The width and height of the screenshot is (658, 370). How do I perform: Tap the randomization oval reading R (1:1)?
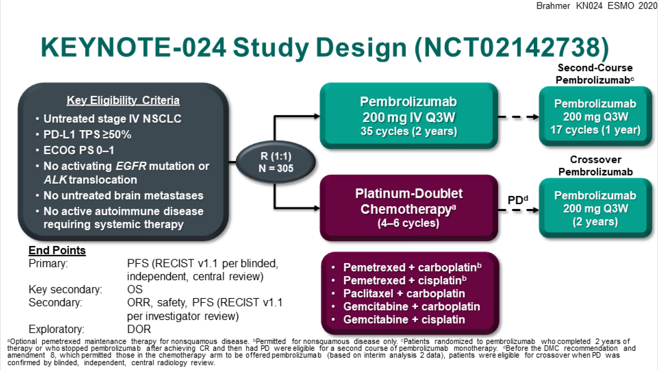pyautogui.click(x=276, y=162)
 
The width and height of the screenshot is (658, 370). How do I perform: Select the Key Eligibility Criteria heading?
pyautogui.click(x=123, y=101)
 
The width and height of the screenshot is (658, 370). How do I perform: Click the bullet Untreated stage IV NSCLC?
pyautogui.click(x=112, y=119)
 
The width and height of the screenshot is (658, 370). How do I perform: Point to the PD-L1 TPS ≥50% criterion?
pyautogui.click(x=87, y=135)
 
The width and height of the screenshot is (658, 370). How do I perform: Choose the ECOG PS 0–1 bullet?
pyautogui.click(x=79, y=151)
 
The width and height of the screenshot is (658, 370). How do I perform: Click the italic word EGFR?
pyautogui.click(x=131, y=166)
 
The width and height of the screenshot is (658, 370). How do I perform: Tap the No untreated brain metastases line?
pyautogui.click(x=123, y=196)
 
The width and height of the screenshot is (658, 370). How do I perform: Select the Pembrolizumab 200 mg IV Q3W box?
pyautogui.click(x=409, y=116)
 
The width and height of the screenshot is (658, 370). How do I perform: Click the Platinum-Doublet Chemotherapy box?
pyautogui.click(x=409, y=208)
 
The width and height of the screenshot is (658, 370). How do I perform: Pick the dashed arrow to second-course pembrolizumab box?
pyautogui.click(x=519, y=117)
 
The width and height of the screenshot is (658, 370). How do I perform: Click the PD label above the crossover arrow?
pyautogui.click(x=517, y=200)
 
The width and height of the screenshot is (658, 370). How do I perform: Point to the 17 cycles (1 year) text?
pyautogui.click(x=595, y=130)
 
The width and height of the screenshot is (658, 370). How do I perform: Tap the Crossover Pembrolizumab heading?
pyautogui.click(x=595, y=166)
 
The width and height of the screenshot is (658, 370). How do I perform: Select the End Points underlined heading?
pyautogui.click(x=57, y=250)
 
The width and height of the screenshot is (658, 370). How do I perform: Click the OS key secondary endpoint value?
pyautogui.click(x=135, y=289)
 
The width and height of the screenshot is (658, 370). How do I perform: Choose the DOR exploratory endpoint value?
pyautogui.click(x=139, y=329)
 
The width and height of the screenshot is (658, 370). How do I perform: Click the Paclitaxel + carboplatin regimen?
pyautogui.click(x=404, y=294)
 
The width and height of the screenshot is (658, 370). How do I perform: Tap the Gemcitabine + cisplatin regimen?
pyautogui.click(x=404, y=320)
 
